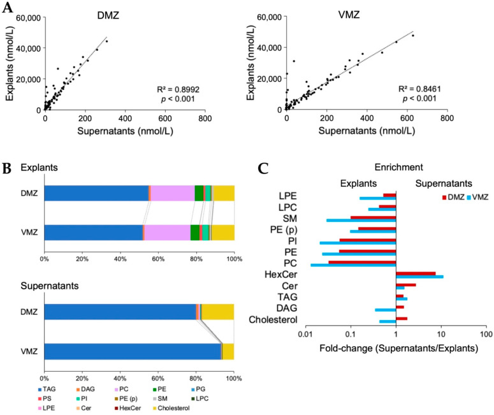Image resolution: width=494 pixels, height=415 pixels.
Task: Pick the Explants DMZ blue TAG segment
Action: (96, 193)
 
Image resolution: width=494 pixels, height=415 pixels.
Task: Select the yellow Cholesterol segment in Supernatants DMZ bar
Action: (218, 312)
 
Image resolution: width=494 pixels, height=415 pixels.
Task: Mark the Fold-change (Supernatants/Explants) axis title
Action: (395, 348)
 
